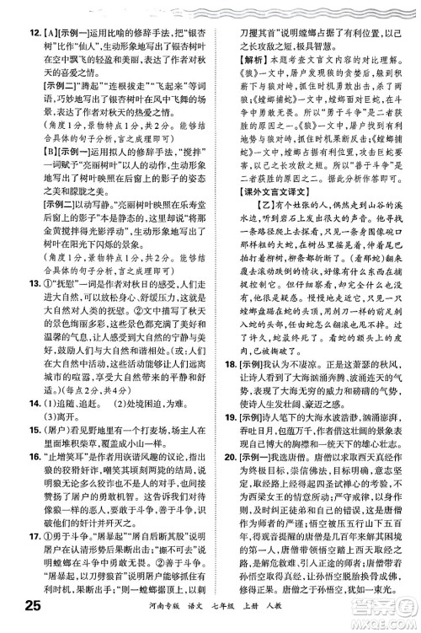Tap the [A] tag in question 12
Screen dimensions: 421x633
(x=39, y=11)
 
